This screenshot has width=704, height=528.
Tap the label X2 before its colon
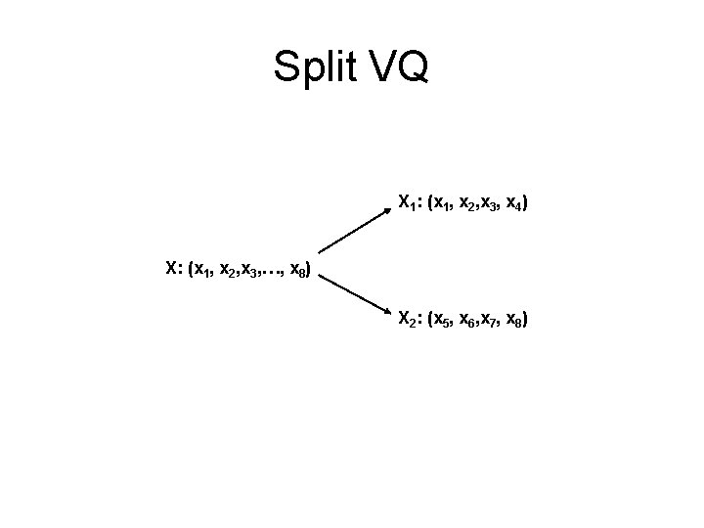(406, 319)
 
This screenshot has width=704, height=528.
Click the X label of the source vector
(172, 267)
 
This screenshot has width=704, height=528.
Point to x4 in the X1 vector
(513, 205)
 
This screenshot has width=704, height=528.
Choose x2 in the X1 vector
(466, 205)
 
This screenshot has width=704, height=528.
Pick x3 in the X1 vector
(488, 205)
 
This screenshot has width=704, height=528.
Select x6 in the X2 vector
(466, 320)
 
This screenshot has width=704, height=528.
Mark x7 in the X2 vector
(488, 320)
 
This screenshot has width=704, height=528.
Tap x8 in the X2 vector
(513, 320)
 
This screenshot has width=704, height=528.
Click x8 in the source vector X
(298, 269)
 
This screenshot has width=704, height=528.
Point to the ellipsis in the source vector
(274, 271)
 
